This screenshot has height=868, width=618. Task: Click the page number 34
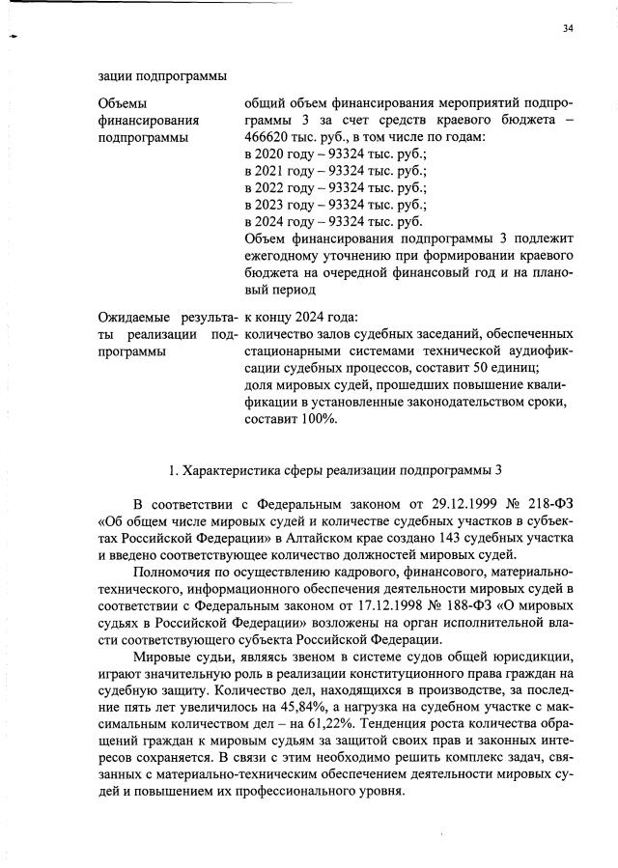click(x=568, y=29)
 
